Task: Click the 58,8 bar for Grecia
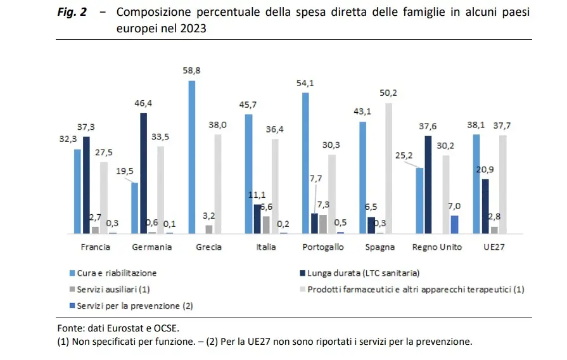(x=192, y=157)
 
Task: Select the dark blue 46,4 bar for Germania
(x=144, y=173)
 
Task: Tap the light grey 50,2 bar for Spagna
(x=388, y=168)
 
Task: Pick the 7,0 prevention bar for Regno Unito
(x=454, y=224)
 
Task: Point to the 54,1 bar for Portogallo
(x=306, y=163)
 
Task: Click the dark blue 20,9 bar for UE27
(x=485, y=206)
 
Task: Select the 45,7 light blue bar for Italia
(x=249, y=174)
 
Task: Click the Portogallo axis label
(x=323, y=247)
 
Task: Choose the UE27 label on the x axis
(x=493, y=247)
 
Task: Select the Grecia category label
(x=208, y=247)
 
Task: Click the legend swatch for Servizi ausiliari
(x=72, y=290)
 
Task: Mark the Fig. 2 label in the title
(x=72, y=13)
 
